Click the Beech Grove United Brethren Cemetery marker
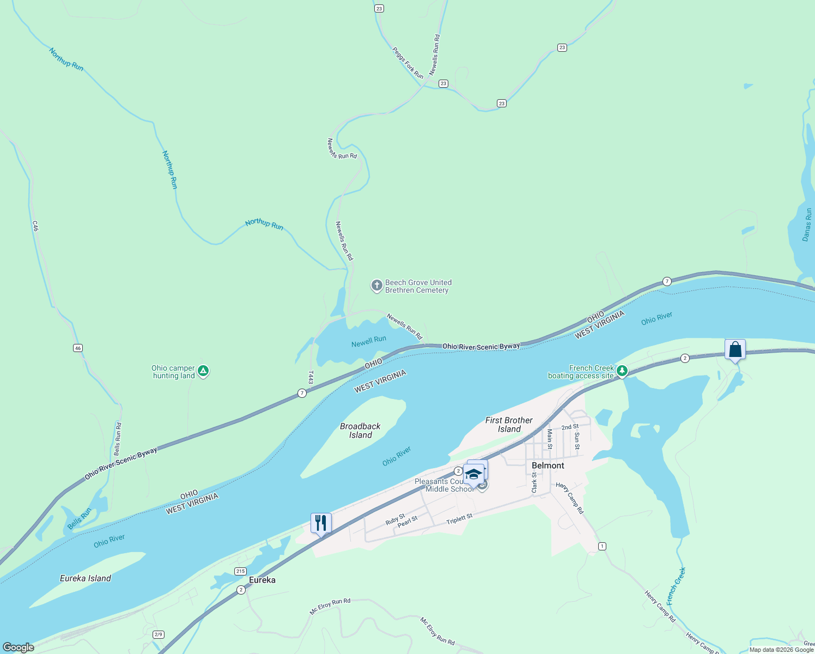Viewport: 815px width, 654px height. (x=376, y=285)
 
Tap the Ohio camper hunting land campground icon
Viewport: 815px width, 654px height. (x=203, y=371)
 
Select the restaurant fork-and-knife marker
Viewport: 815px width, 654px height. (x=321, y=523)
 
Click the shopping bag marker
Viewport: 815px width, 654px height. (x=735, y=349)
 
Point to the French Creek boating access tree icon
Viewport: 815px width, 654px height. (x=622, y=371)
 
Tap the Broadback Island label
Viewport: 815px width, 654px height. (x=360, y=431)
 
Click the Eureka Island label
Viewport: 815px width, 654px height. (x=86, y=578)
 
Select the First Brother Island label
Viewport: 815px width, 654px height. (x=509, y=425)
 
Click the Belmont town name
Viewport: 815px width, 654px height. (x=548, y=465)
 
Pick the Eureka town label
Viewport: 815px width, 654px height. (x=262, y=580)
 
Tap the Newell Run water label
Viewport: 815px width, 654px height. (x=369, y=341)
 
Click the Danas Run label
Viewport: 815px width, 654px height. (x=807, y=225)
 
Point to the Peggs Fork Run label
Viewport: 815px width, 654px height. (x=407, y=63)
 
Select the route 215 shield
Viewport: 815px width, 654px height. (x=240, y=571)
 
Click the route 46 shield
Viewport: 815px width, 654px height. (x=78, y=348)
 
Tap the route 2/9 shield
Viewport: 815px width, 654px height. (x=159, y=634)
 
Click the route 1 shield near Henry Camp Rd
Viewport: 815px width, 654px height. (x=602, y=546)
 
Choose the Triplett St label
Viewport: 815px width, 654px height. (x=459, y=519)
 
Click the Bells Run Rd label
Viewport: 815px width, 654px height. (x=118, y=439)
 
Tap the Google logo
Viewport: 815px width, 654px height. (x=19, y=647)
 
